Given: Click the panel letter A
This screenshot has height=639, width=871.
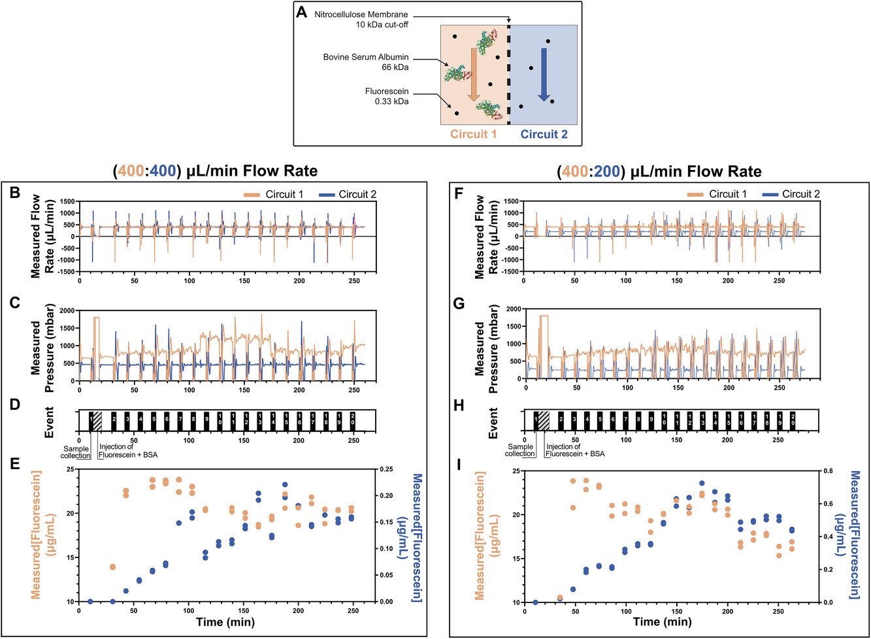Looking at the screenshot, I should coord(302,12).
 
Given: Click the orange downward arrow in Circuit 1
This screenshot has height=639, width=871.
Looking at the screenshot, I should coord(474,78).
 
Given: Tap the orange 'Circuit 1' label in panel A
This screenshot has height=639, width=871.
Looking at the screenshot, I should coord(473,134).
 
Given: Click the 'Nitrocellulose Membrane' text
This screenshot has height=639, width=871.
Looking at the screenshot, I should coord(361,14).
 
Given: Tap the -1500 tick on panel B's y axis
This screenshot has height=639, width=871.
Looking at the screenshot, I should coord(65,272).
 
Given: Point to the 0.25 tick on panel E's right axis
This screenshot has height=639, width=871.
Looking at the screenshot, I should coord(387,469).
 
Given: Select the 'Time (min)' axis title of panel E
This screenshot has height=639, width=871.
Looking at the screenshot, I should coord(225,622).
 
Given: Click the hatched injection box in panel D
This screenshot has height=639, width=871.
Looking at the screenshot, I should coord(97,421).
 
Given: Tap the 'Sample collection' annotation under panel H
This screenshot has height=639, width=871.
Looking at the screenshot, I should coord(520,450).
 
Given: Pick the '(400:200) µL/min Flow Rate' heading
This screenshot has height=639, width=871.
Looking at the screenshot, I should coord(659,172).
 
